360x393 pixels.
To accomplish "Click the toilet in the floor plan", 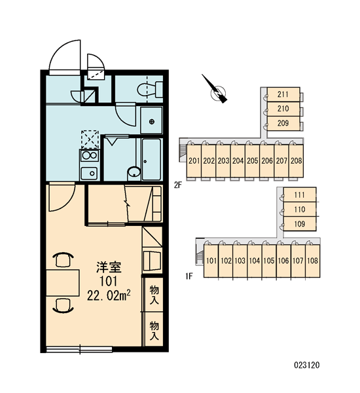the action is click(150, 89).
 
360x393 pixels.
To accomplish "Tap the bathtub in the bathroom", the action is click(151, 159).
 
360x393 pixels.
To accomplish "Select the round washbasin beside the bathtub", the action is click(134, 173).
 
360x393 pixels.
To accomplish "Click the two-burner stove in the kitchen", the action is click(90, 156).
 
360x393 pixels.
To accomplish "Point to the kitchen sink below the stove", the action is click(89, 173).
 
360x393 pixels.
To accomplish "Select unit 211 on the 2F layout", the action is click(283, 94).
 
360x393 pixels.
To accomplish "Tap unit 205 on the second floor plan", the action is click(252, 160).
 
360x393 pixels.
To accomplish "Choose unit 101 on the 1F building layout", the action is click(211, 261).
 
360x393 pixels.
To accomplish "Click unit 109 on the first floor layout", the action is click(300, 224).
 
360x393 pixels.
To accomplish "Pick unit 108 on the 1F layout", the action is click(313, 261).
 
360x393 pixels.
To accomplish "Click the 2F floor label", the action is click(178, 185).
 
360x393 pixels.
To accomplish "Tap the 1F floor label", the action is click(189, 276).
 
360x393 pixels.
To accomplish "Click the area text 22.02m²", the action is click(109, 295).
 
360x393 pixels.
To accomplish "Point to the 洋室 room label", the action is click(109, 267).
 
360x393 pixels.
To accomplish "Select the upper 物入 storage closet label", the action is click(154, 295).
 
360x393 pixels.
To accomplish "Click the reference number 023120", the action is click(307, 365).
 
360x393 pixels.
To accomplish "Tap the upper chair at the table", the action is click(63, 259).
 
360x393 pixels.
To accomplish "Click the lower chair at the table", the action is click(63, 306).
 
